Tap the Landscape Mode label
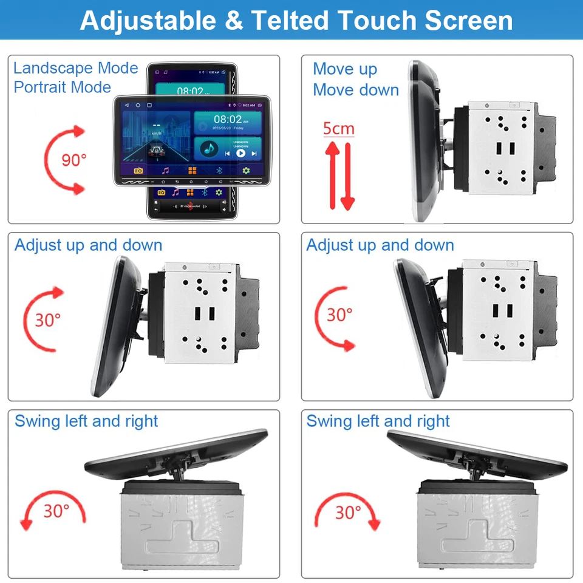click(76, 68)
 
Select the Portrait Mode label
click(63, 87)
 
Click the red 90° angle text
click(74, 160)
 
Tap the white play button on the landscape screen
click(240, 153)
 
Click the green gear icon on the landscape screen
click(246, 171)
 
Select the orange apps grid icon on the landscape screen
click(192, 171)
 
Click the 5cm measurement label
click(338, 129)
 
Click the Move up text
click(345, 69)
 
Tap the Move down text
click(356, 90)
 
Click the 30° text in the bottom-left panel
click(56, 511)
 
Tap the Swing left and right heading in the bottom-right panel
click(378, 421)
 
